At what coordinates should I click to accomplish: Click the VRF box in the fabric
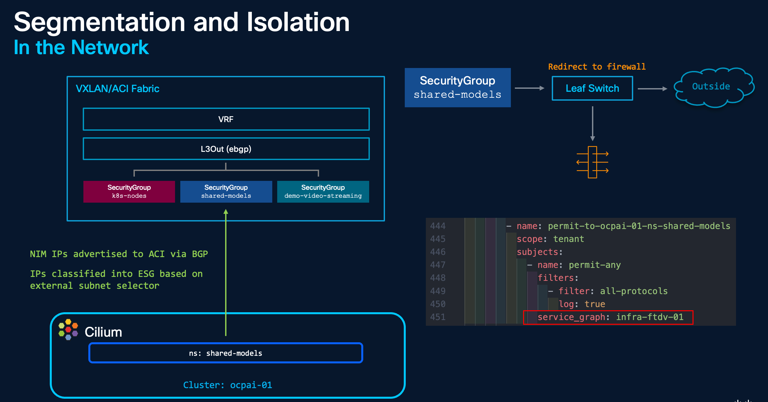[226, 119]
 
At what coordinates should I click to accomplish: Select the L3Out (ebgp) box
[226, 149]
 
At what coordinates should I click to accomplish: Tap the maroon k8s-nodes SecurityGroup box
[129, 191]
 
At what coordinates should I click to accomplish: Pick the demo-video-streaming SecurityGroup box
[323, 191]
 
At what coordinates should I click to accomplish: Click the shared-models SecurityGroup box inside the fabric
[226, 191]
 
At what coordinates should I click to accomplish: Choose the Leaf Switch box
[592, 88]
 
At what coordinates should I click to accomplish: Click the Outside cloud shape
[714, 87]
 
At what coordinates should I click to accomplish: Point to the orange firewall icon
[592, 162]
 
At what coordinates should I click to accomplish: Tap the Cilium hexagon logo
[68, 329]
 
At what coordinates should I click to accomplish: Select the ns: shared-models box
[226, 353]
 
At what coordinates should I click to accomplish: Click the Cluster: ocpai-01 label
[227, 385]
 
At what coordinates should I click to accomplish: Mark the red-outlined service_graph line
[608, 317]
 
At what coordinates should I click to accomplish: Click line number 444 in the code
[438, 226]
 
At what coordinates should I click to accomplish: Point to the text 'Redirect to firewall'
[597, 67]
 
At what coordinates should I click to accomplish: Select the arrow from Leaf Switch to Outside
[652, 89]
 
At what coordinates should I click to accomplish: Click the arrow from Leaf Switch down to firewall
[593, 123]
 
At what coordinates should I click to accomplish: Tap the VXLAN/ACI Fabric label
[118, 89]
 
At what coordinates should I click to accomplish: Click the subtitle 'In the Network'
[81, 47]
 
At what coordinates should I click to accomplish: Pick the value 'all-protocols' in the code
[634, 291]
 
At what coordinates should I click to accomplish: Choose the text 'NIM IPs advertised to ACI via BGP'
[119, 254]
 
